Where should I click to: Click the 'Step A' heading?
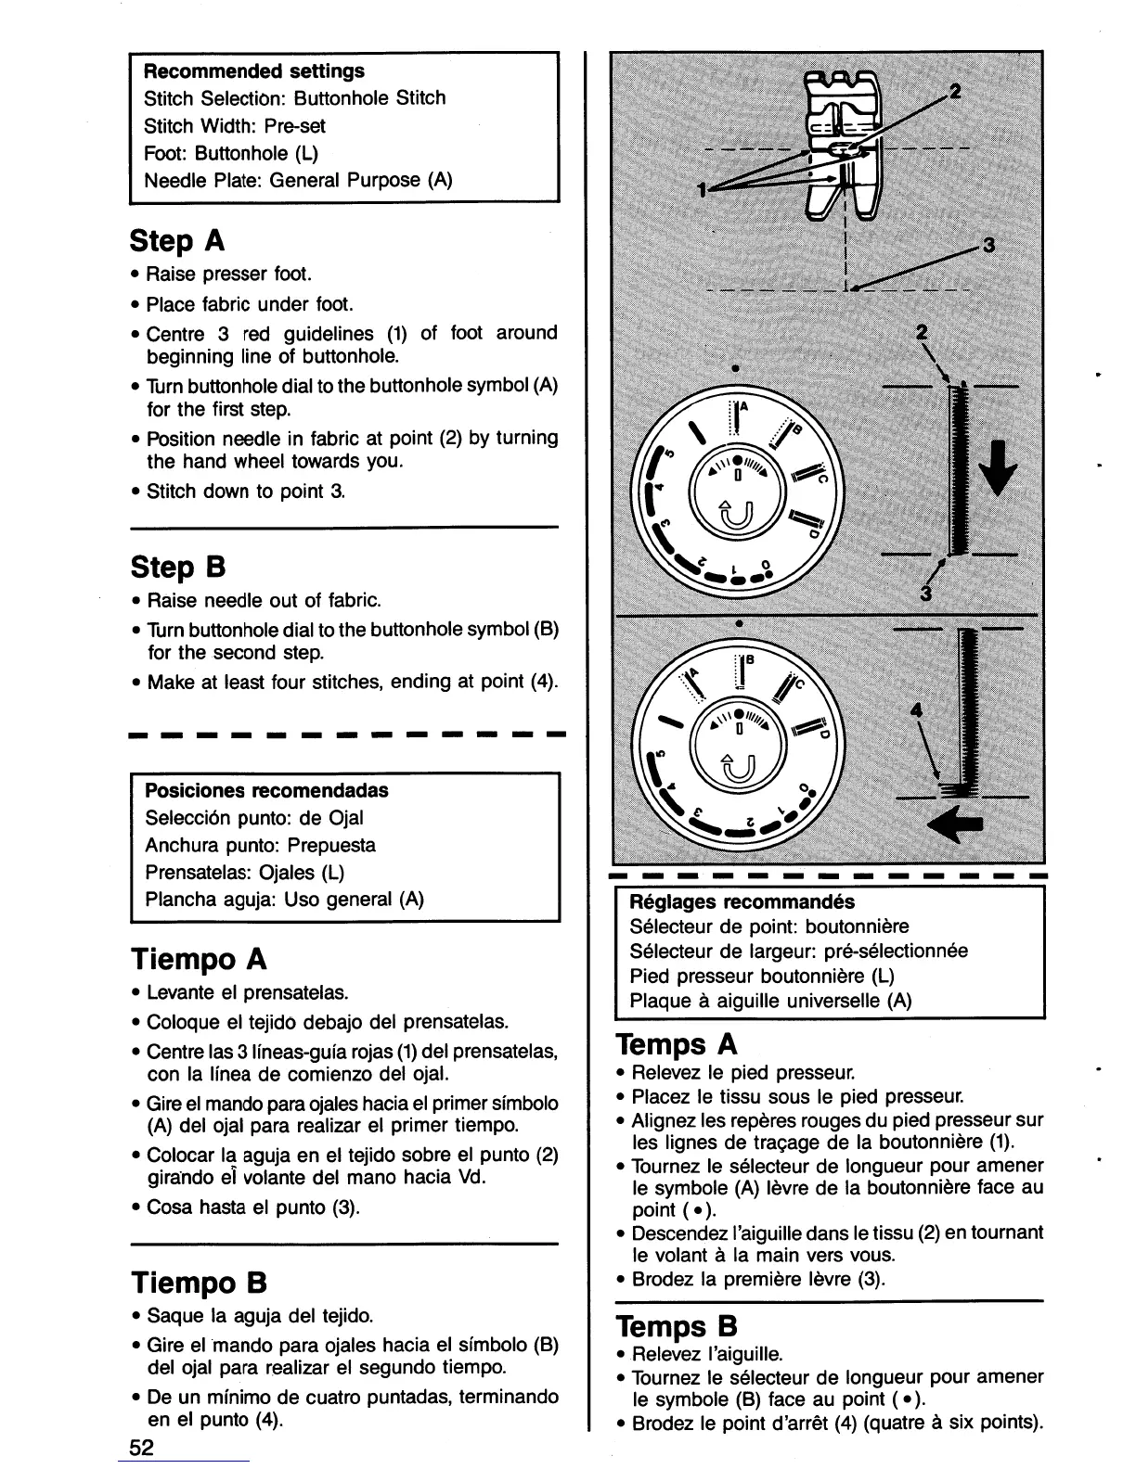click(x=177, y=241)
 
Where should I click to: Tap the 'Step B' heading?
click(x=177, y=567)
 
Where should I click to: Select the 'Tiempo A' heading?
click(x=199, y=958)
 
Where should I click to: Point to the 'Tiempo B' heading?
click(x=199, y=1284)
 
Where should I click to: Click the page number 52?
click(x=142, y=1448)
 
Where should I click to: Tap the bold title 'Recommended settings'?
click(x=253, y=71)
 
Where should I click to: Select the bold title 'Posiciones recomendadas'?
click(x=266, y=791)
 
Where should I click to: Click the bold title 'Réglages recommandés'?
click(x=742, y=902)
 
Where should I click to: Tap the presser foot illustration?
click(x=840, y=144)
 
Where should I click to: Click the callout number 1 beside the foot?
click(x=703, y=190)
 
